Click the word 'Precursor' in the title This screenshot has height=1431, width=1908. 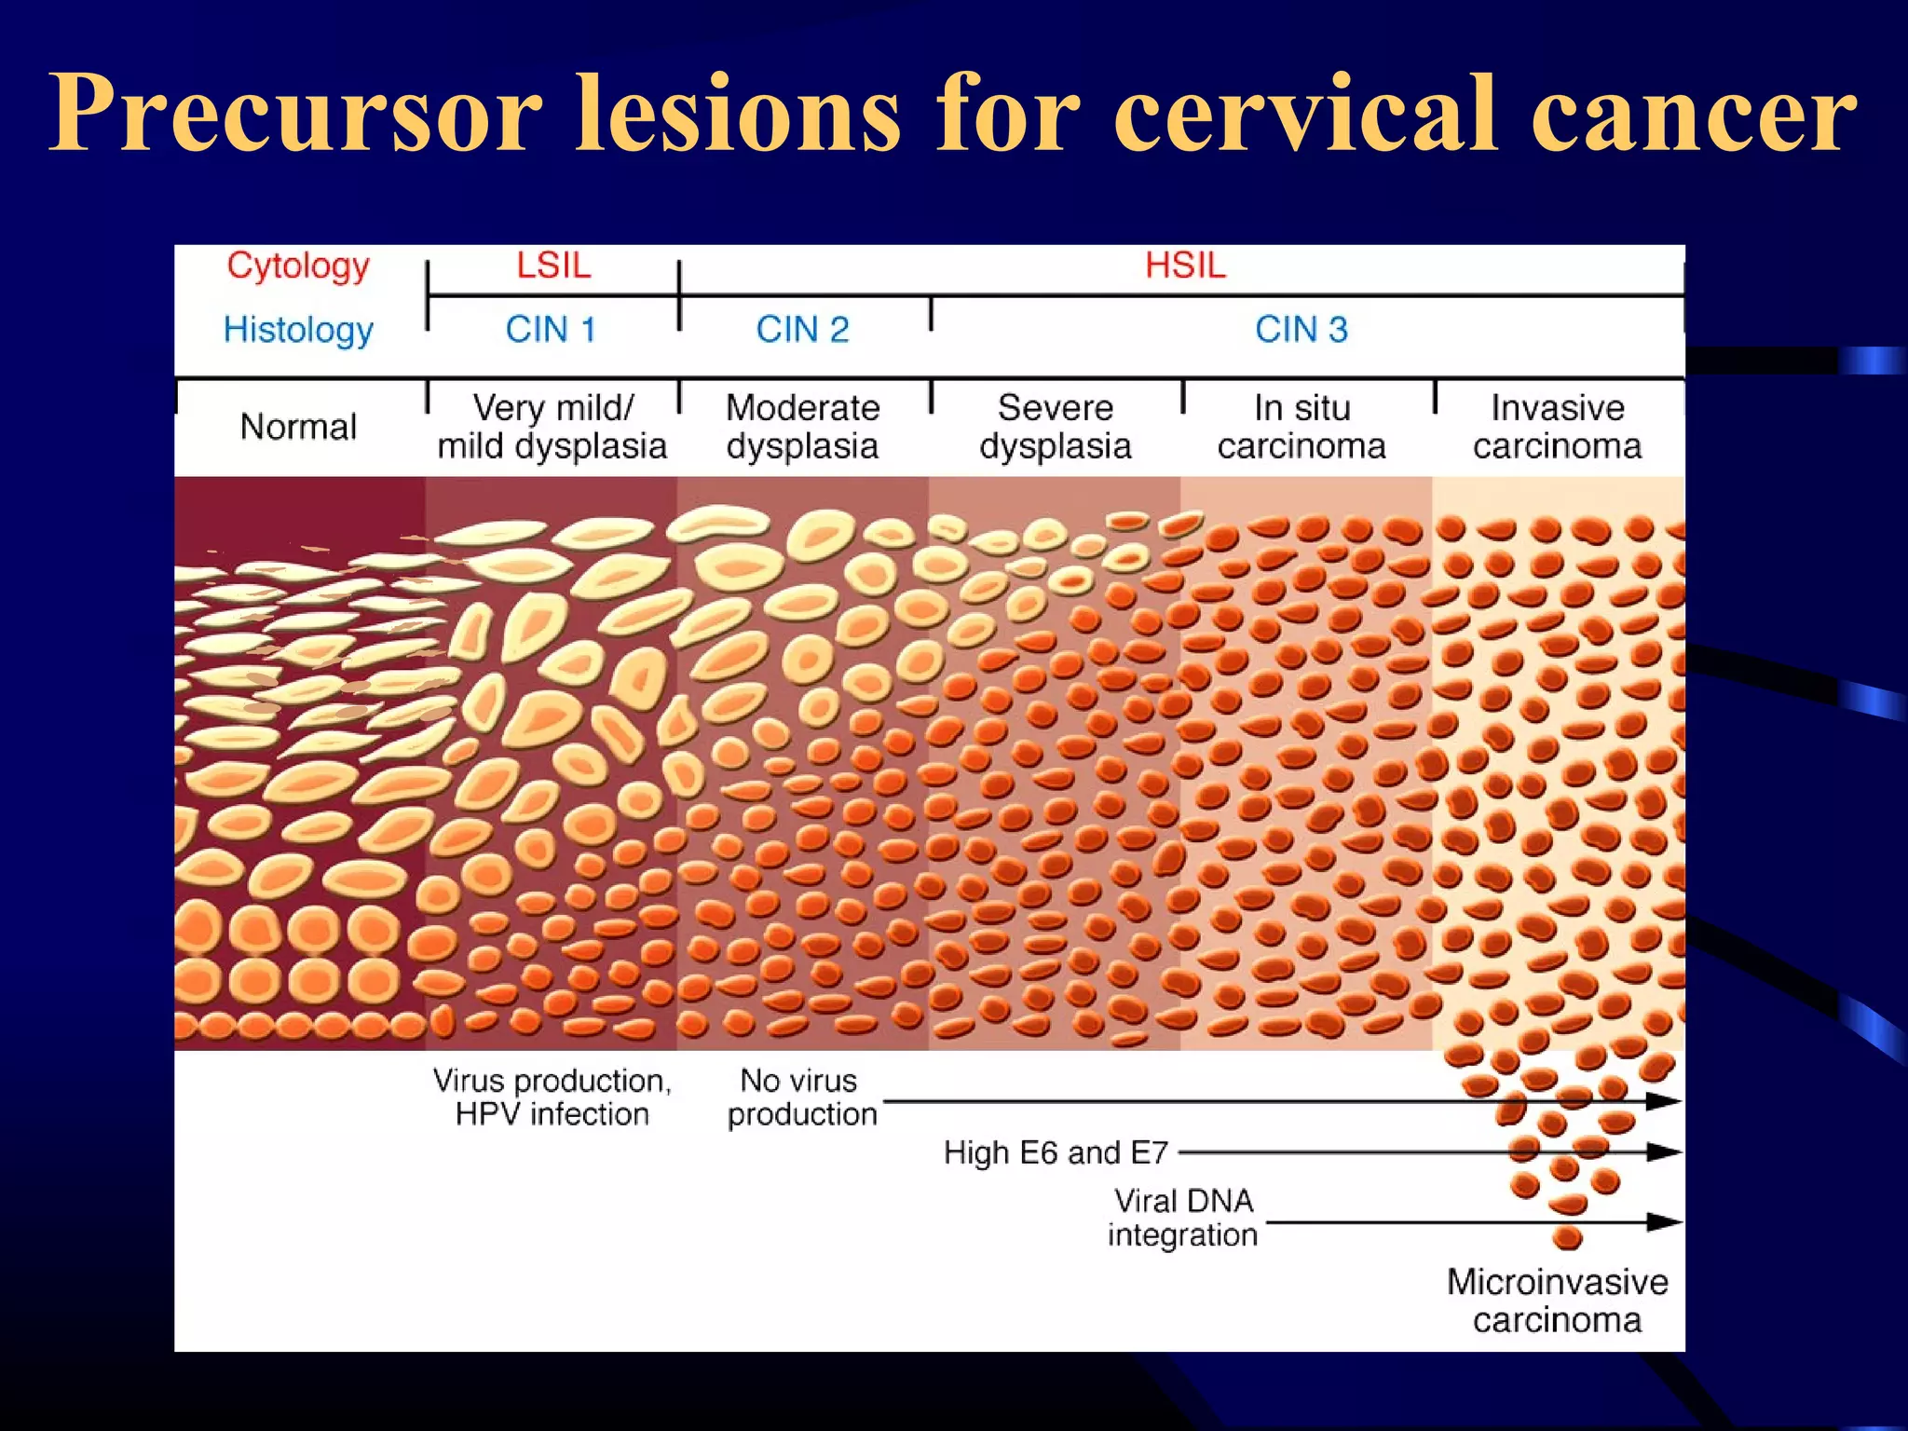295,114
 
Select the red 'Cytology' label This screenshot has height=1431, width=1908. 298,266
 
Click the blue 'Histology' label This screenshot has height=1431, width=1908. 298,330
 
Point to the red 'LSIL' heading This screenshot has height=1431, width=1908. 553,266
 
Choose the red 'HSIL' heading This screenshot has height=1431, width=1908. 1185,266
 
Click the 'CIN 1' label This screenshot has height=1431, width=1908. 551,330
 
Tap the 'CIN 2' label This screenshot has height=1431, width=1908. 802,330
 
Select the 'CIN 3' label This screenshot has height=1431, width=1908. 1302,330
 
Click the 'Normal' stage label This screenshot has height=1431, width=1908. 298,427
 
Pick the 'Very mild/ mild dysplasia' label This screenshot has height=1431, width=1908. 552,427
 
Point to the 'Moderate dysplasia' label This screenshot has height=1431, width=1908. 802,427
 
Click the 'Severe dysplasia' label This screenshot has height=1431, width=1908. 1055,427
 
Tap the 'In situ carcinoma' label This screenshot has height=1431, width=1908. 1302,427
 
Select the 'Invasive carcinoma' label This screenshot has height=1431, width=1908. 1557,427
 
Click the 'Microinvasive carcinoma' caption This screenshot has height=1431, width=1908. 1557,1301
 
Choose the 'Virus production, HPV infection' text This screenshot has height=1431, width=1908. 552,1097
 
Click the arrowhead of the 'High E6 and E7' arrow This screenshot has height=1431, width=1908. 1663,1152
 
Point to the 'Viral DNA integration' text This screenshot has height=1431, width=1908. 1183,1218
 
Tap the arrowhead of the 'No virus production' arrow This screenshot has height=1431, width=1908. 1663,1101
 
